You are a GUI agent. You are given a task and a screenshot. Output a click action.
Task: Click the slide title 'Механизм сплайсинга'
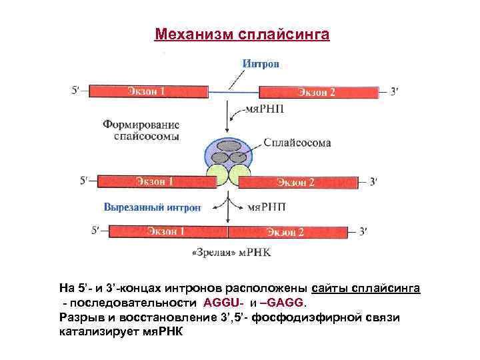241,33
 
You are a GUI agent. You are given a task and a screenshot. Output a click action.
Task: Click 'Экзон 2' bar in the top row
317,92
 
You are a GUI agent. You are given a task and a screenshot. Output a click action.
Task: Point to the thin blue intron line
233,91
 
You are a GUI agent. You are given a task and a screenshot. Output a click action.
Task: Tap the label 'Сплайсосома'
297,143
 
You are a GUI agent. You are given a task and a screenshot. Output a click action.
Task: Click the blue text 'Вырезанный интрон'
151,207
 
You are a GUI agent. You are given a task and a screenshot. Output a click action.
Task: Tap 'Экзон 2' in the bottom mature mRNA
287,232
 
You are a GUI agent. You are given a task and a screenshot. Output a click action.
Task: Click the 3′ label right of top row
394,92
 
